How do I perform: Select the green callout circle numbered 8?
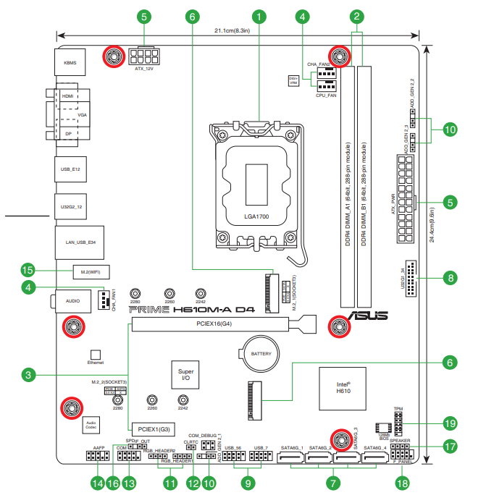pos(451,277)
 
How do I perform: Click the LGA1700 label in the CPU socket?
pos(257,216)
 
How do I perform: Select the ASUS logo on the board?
pos(368,316)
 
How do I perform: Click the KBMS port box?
pos(70,64)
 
